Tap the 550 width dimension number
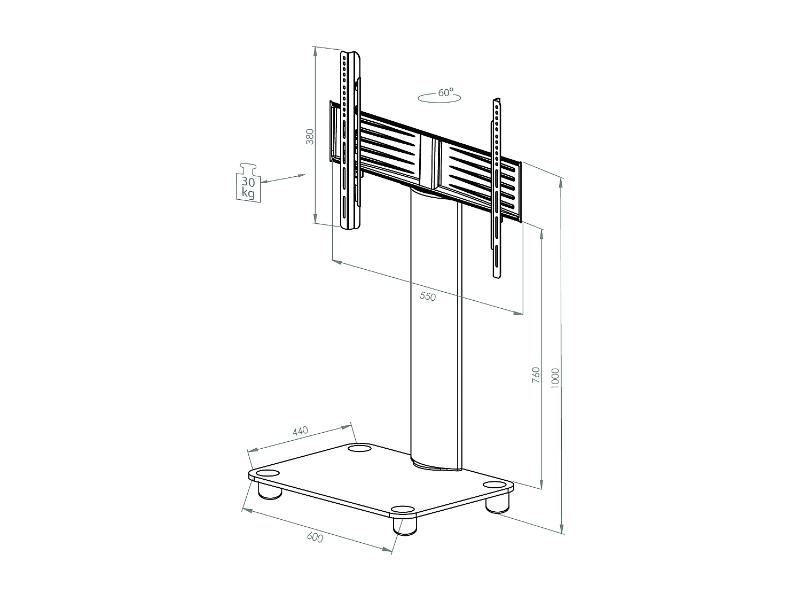coord(428,296)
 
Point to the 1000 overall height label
coord(555,378)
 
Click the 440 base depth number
coord(301,431)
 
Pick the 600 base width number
coord(315,537)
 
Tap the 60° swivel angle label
coord(445,92)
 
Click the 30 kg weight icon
coord(248,183)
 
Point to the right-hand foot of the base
coord(498,503)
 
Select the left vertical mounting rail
coord(350,139)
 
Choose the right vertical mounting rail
coord(497,187)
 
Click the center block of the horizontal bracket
coord(430,163)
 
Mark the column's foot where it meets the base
coord(435,464)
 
